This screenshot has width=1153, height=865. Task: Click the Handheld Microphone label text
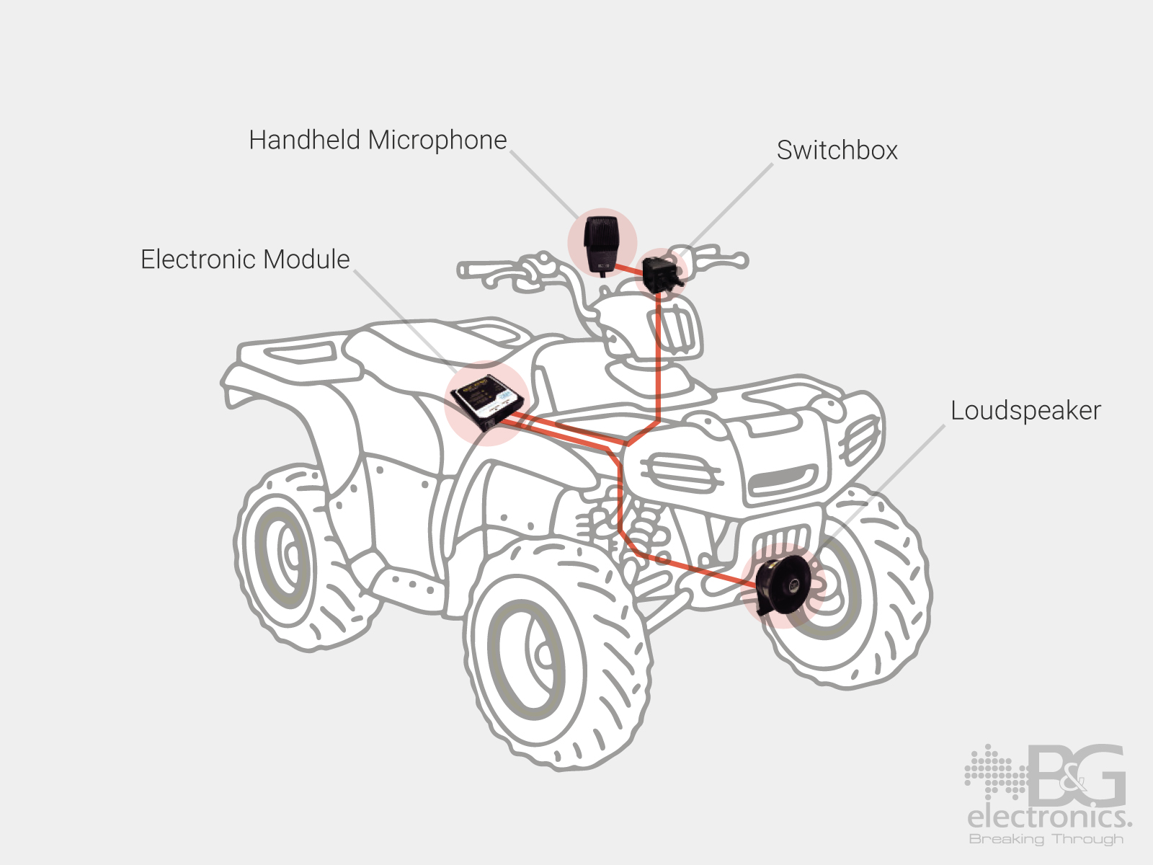[x=378, y=140]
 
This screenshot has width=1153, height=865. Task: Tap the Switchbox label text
[x=837, y=150]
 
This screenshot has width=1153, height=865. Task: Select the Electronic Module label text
[x=245, y=259]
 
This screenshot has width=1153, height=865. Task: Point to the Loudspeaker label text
[x=1025, y=411]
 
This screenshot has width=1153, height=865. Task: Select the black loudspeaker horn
[x=782, y=585]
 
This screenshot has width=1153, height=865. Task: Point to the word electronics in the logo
[x=1049, y=818]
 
